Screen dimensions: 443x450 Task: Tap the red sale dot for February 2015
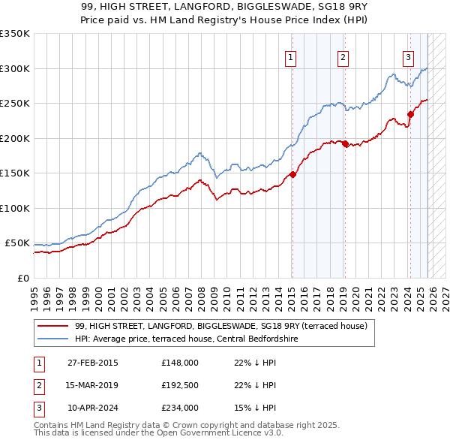tap(292, 175)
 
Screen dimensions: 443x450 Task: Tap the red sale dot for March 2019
tap(345, 143)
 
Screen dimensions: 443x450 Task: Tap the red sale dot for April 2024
tap(410, 115)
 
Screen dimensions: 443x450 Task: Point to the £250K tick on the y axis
tap(15, 104)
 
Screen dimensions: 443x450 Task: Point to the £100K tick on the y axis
tap(15, 208)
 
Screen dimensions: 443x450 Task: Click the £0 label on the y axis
tap(22, 278)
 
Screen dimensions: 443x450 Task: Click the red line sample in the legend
tap(52, 326)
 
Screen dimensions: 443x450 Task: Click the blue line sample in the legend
tap(52, 339)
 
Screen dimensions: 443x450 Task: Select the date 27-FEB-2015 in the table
tap(92, 363)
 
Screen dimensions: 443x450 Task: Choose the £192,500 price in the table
tap(179, 386)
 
